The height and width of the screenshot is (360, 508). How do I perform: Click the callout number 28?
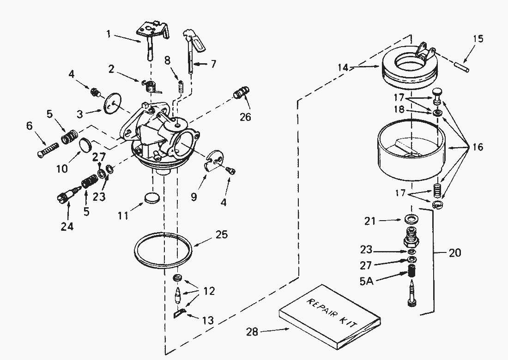(x=252, y=332)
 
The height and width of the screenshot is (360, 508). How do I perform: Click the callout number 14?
(x=343, y=67)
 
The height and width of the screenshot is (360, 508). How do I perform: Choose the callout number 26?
(x=245, y=117)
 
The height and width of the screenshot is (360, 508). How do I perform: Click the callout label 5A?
(x=366, y=281)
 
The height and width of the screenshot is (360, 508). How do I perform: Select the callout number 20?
(x=454, y=252)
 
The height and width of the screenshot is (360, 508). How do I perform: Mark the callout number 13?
(x=208, y=320)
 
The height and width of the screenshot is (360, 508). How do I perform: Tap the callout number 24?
(x=67, y=226)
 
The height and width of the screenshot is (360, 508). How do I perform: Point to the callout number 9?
(x=194, y=197)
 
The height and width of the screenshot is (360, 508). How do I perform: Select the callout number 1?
(x=109, y=34)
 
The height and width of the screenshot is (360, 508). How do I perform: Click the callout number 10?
(x=62, y=168)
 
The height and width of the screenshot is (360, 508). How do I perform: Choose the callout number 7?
(x=213, y=64)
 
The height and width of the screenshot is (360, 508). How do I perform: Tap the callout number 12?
(x=209, y=291)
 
